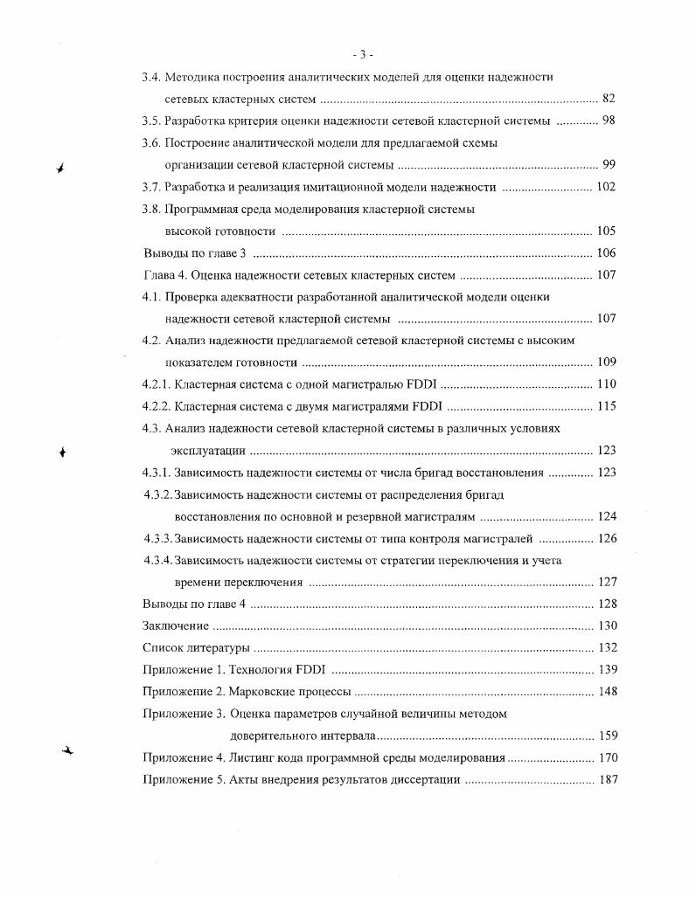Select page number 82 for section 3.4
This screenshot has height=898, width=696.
pyautogui.click(x=609, y=99)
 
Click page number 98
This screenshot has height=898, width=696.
pyautogui.click(x=609, y=121)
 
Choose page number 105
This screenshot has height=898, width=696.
pyautogui.click(x=606, y=231)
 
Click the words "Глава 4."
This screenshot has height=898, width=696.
pyautogui.click(x=164, y=275)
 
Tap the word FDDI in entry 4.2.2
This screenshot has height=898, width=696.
pyautogui.click(x=428, y=406)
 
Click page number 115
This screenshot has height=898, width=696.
pyautogui.click(x=606, y=406)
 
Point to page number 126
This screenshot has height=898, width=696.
pyautogui.click(x=606, y=538)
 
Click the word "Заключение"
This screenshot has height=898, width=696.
pyautogui.click(x=175, y=625)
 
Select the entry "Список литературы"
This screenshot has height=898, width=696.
pyautogui.click(x=196, y=647)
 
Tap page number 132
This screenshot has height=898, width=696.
pyautogui.click(x=606, y=647)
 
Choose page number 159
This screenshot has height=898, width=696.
pyautogui.click(x=606, y=736)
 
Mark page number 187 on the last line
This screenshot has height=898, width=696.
pyautogui.click(x=606, y=779)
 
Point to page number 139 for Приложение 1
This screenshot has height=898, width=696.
pyautogui.click(x=606, y=670)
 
